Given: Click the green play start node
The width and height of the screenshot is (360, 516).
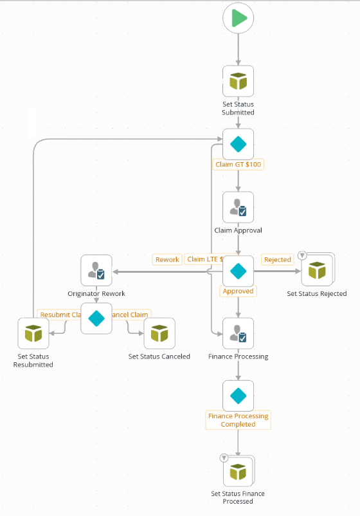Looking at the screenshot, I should (x=239, y=19).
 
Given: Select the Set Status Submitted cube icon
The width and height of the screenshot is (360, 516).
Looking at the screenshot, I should (x=239, y=81).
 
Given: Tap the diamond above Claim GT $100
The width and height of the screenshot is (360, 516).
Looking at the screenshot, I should (x=239, y=144).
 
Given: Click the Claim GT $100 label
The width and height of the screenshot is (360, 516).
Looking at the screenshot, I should (x=239, y=164).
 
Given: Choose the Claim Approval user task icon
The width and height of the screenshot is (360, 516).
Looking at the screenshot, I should (x=239, y=207).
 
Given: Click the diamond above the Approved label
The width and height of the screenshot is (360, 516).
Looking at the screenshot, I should (x=239, y=271).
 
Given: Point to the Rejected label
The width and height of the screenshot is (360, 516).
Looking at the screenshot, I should (x=278, y=260).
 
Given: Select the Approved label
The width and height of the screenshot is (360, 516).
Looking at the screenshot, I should (x=238, y=291).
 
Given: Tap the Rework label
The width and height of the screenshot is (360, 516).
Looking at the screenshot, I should (x=167, y=259).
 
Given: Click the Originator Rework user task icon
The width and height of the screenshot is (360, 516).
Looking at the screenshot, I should (x=96, y=271).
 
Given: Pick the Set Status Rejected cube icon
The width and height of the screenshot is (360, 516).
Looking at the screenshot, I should (x=317, y=271).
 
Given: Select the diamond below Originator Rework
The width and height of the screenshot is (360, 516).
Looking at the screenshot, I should (x=96, y=318).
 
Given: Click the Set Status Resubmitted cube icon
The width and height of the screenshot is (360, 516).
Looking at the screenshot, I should (x=33, y=333).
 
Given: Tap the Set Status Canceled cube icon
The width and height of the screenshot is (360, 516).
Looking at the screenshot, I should (x=159, y=333).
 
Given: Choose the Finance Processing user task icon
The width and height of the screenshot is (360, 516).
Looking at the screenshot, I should (x=239, y=333).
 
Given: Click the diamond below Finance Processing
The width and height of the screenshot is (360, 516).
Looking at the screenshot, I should (x=239, y=396).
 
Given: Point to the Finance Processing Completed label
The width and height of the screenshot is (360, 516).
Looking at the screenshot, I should (x=239, y=420).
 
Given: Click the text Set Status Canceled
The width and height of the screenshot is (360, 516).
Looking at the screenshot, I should (x=159, y=356).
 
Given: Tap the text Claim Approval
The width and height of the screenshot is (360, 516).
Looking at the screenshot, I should (x=239, y=230).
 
